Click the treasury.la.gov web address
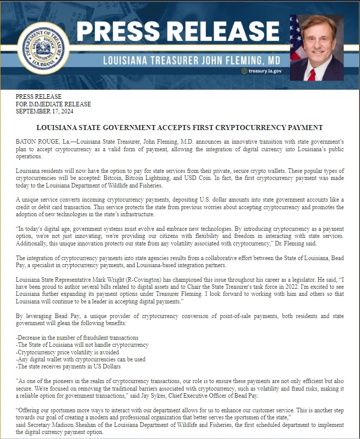tap(265, 71)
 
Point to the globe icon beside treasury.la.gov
tap(245, 71)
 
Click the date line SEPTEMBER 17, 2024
tap(45, 111)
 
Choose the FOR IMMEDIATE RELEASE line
tap(53, 104)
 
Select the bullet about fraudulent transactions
tap(77, 337)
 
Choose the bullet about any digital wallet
tap(81, 359)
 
